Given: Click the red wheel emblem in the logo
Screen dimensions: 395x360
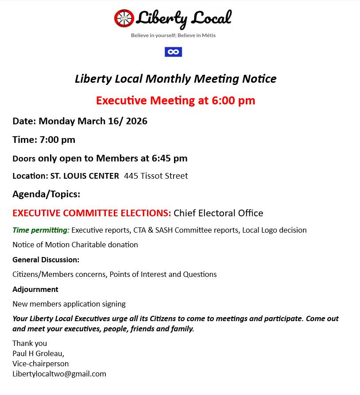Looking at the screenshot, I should (x=124, y=19).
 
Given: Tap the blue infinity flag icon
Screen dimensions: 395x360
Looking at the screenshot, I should (x=173, y=52).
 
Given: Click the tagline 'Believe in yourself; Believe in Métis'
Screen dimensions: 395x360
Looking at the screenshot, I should (x=173, y=35).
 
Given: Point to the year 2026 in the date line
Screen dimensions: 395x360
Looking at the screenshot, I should (x=136, y=121).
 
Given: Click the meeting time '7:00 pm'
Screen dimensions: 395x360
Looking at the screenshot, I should (x=58, y=140).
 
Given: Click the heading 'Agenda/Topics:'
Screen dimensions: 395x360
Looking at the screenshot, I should (x=46, y=194).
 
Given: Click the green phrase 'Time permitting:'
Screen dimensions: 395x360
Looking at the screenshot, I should (x=41, y=230).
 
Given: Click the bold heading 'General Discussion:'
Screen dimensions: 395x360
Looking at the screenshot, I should (x=46, y=260).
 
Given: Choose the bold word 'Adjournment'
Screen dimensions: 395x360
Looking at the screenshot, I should (x=35, y=289).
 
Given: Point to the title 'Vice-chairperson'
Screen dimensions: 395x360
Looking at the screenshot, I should (x=41, y=364).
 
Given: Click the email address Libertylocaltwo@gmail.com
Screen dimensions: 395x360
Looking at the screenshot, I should (x=59, y=374).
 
